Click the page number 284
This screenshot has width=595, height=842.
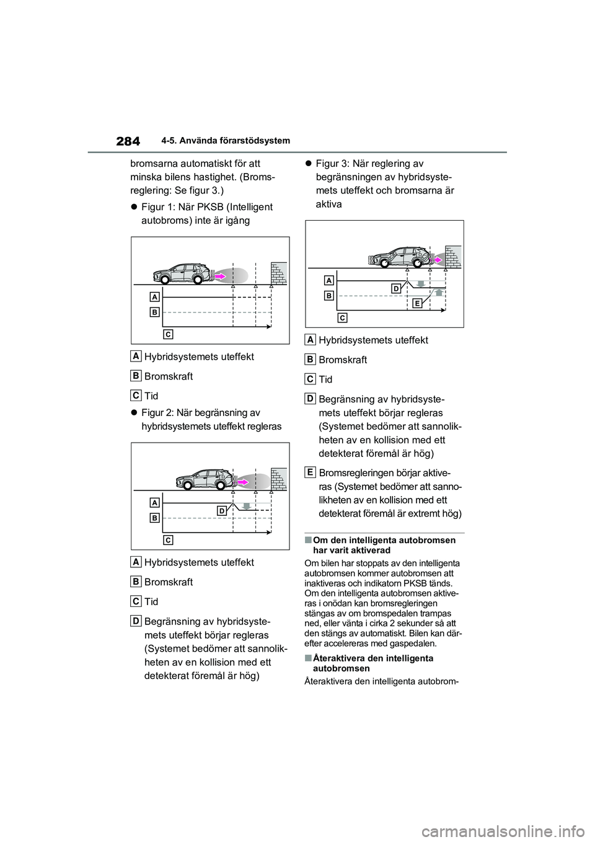(x=127, y=141)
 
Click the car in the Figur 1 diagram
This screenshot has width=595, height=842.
(x=180, y=273)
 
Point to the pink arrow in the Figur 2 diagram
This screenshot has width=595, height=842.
(x=244, y=481)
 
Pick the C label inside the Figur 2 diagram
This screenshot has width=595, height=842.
(x=168, y=540)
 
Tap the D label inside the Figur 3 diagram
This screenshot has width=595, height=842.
(x=395, y=288)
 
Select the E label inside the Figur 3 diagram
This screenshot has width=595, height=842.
(x=416, y=303)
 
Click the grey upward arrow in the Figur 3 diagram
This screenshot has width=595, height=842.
(x=438, y=290)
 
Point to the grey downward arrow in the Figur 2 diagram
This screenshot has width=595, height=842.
(x=247, y=505)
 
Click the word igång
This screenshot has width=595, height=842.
(x=235, y=220)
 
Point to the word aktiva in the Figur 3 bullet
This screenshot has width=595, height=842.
(x=328, y=204)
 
